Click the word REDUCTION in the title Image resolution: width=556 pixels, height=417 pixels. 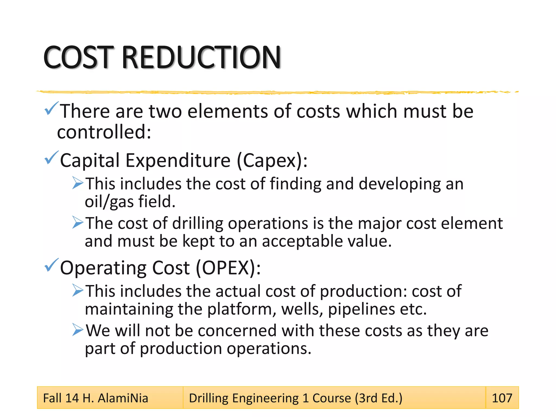point(201,57)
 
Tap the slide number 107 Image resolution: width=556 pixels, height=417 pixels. point(502,398)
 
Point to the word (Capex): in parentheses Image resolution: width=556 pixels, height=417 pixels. point(272,160)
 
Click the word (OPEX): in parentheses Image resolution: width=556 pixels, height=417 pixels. point(228,268)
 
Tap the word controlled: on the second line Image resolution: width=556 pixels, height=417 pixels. point(104,132)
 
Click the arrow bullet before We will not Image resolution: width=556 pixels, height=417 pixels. point(78,330)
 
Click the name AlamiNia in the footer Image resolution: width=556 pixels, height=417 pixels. point(123,398)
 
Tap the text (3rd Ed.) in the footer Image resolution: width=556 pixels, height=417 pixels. point(379,398)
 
